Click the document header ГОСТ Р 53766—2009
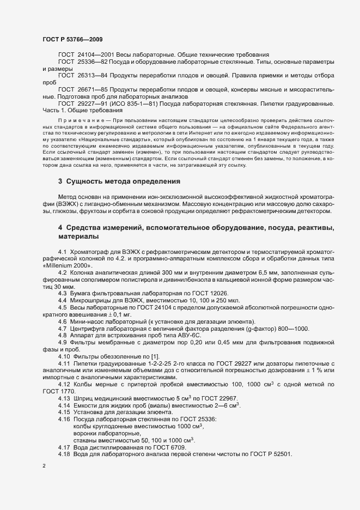coord(72,39)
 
